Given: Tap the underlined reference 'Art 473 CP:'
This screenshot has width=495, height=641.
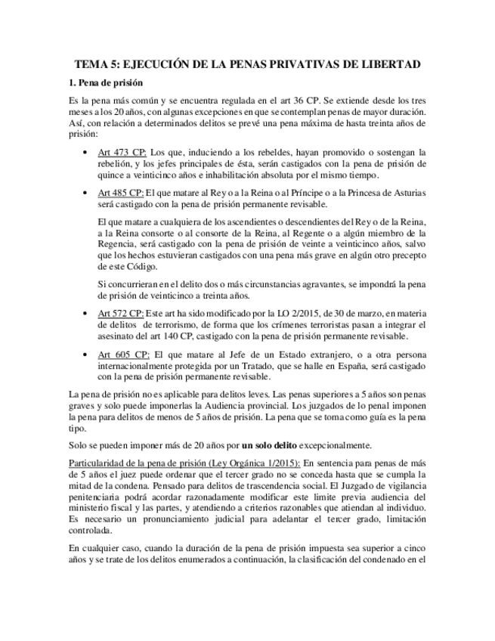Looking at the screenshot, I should coord(122,152).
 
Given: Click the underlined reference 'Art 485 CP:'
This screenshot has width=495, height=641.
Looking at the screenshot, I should coord(121,193).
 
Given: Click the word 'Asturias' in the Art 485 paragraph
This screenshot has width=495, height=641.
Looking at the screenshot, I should coord(408,193).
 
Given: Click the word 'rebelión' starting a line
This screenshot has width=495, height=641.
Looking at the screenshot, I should coord(115,163).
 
